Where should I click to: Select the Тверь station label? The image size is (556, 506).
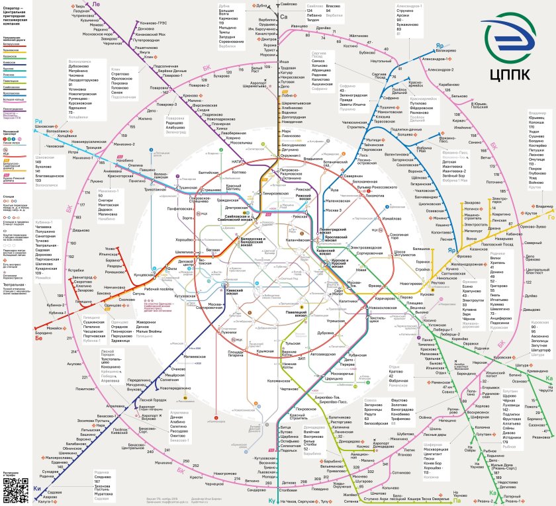pos(79,5)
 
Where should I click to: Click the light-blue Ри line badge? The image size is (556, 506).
pos(38,121)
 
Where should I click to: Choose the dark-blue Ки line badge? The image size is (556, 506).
pos(36,487)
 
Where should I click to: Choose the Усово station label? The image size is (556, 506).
pos(109,248)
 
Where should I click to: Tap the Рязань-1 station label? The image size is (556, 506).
pos(510,501)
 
